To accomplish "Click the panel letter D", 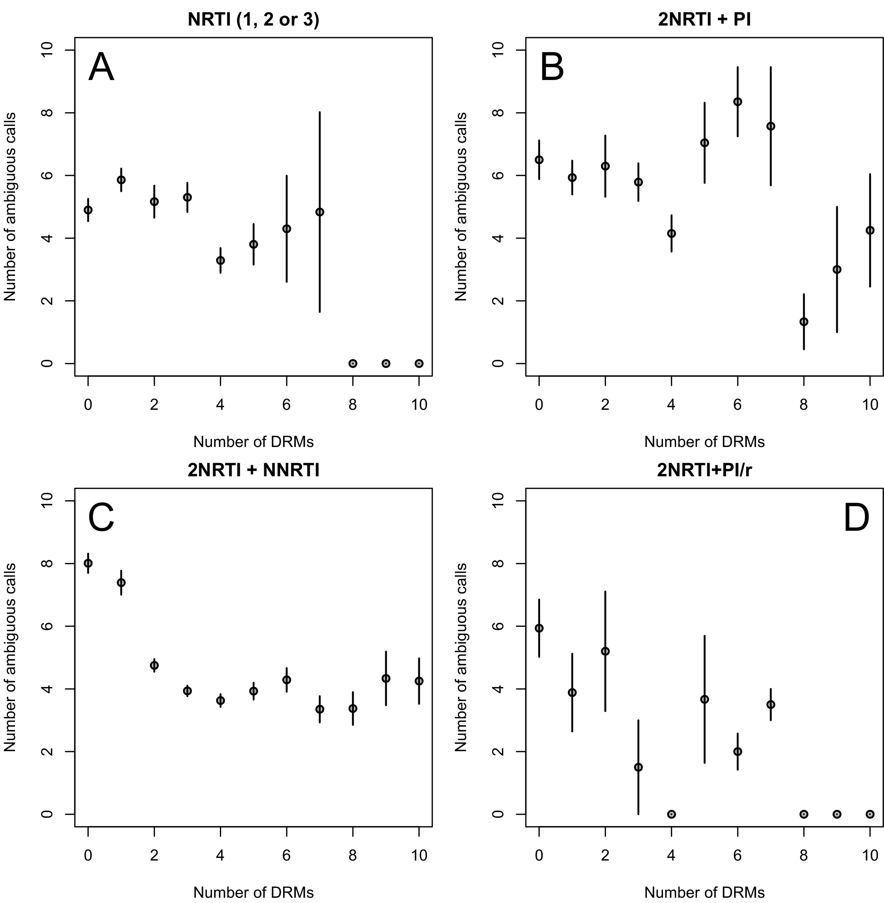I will coord(856,519).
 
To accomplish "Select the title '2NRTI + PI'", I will coord(704,20).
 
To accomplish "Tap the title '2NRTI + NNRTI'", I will coord(253,471).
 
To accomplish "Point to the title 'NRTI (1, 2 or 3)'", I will coord(253,20).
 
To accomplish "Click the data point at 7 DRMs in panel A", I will coord(319,212).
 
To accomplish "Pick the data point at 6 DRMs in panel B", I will coord(737,102).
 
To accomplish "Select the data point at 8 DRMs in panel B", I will coord(804,322).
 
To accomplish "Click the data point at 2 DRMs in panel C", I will coord(154,665).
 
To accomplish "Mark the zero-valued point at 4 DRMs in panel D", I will coord(671,814).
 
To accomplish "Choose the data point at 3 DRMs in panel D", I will coord(639,767).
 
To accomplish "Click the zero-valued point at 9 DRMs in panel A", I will coord(386,363).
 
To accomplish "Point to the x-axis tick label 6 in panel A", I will coord(286,405).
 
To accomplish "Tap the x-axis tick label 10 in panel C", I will coord(419,856).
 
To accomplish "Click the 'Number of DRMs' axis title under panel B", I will coord(704,442).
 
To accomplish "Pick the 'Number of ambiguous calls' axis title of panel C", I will coord(10,657).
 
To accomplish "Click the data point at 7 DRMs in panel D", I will coord(771,704).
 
